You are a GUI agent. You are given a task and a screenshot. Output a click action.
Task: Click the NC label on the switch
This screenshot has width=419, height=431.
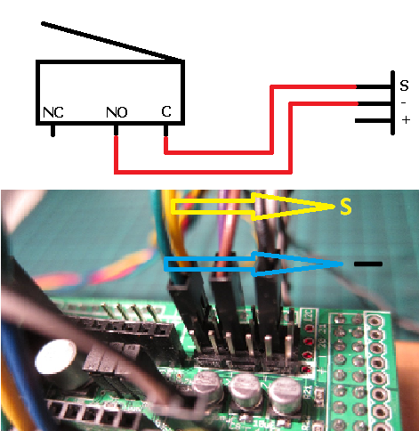tap(53, 112)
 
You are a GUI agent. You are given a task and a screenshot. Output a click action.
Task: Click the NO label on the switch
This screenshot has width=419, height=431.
tap(117, 112)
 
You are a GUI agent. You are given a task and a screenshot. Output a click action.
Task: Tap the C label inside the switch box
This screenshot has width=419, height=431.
tap(166, 111)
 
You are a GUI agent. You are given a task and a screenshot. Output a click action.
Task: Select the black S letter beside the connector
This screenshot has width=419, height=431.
tap(404, 85)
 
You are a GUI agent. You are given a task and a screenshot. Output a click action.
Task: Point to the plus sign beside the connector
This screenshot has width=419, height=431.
tap(406, 120)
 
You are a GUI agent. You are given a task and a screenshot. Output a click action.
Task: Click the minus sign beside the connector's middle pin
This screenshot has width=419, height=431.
tap(403, 103)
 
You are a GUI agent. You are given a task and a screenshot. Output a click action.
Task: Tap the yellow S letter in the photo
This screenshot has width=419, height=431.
tap(346, 207)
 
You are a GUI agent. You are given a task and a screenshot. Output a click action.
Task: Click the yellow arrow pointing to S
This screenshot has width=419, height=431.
tap(252, 207)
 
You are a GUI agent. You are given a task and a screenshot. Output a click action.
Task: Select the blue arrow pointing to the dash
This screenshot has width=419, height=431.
tap(254, 264)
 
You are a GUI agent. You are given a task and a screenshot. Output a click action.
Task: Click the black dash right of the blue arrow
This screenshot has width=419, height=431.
tap(368, 264)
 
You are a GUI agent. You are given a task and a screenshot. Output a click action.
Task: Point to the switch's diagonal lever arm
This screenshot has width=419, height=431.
tap(112, 42)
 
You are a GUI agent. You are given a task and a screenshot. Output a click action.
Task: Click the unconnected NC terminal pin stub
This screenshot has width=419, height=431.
tap(52, 130)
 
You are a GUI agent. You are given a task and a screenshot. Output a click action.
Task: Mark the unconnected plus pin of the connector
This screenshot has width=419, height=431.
tap(373, 121)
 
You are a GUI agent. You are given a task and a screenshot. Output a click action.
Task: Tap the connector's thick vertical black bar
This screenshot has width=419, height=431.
tap(392, 102)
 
